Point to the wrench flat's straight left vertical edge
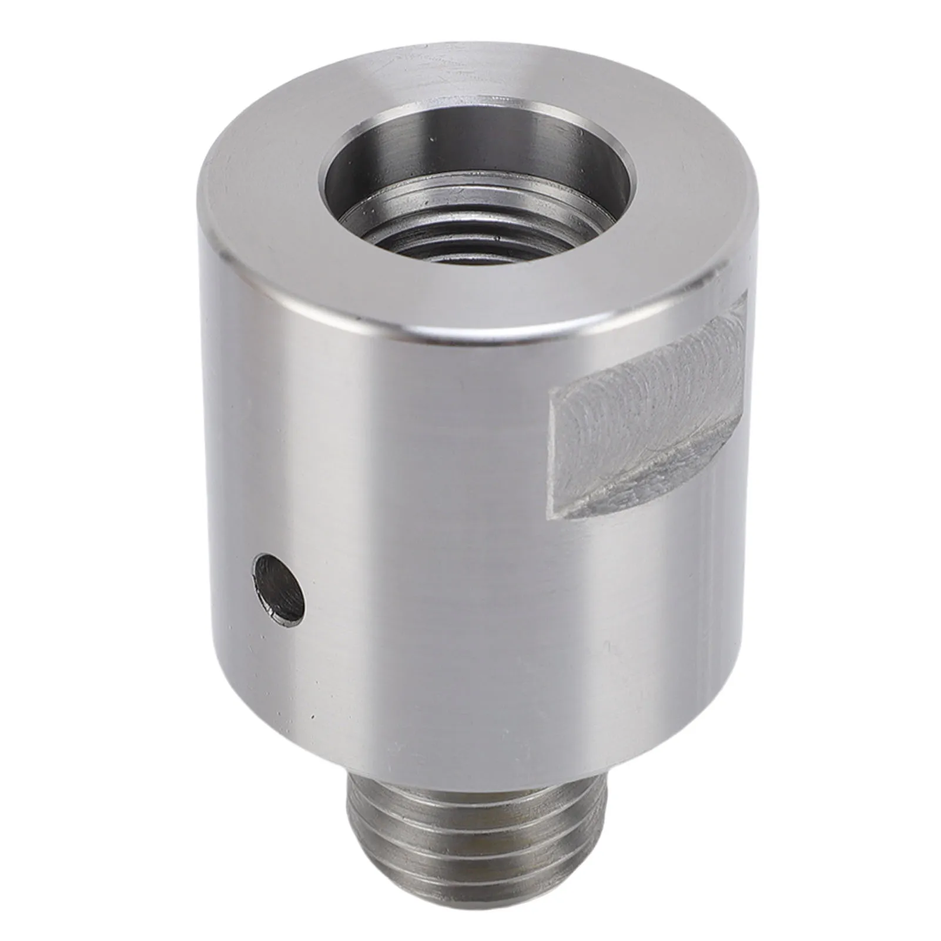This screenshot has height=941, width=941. coord(551,453)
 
